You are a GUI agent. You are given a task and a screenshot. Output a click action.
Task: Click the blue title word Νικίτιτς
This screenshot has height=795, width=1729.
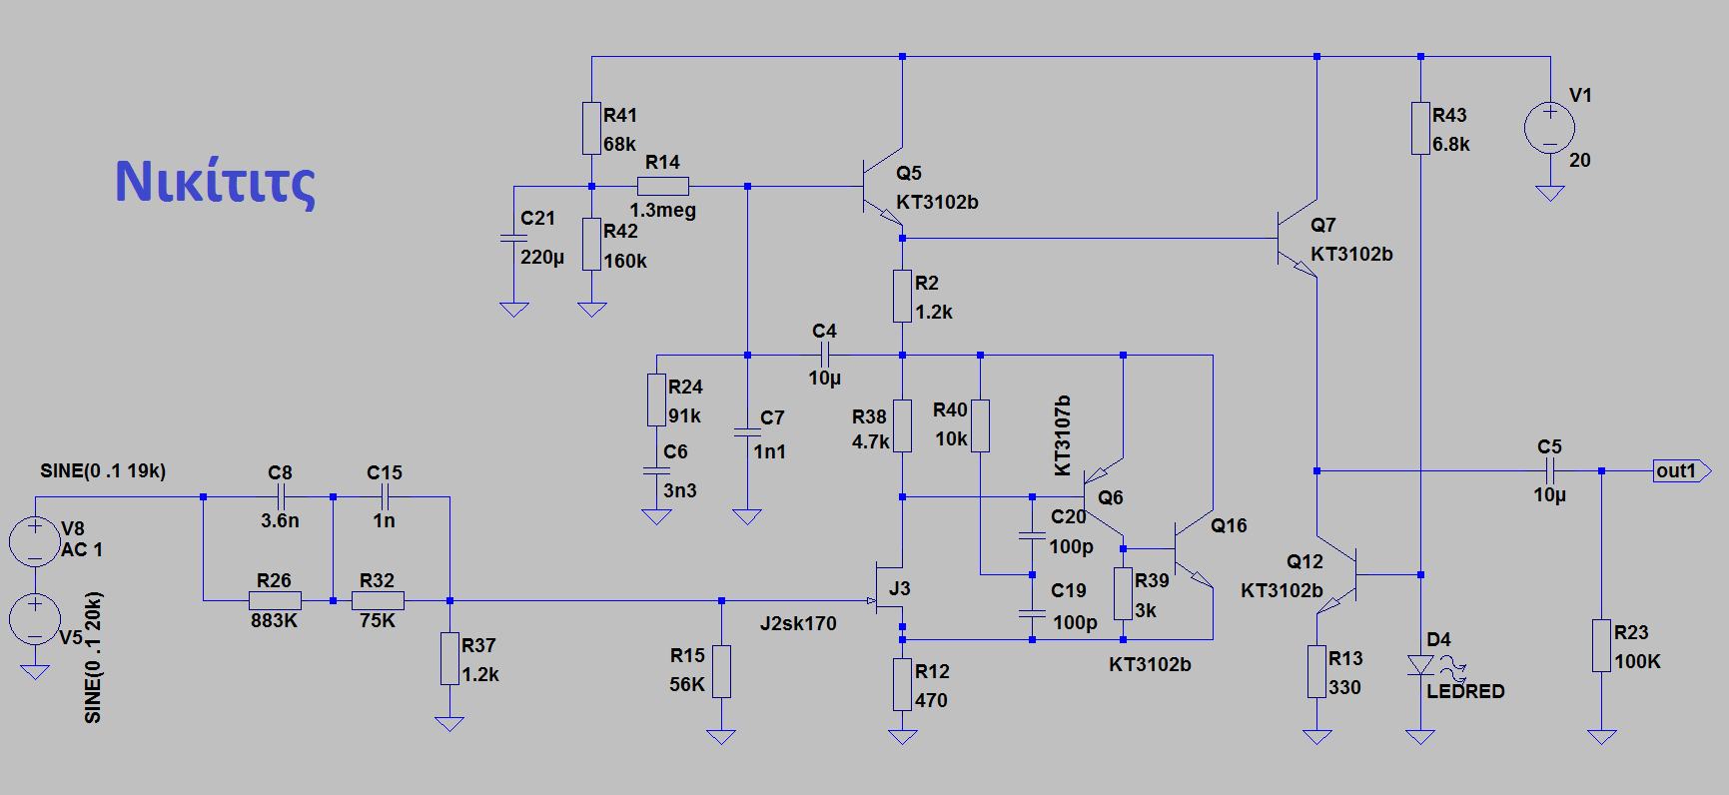coord(215,182)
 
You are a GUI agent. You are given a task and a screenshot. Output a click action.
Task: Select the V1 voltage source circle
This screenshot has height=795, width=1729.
coord(1549,128)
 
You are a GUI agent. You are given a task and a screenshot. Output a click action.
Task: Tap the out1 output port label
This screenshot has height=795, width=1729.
coord(1678,470)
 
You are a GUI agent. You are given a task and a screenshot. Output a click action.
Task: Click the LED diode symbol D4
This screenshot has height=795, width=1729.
coord(1419,665)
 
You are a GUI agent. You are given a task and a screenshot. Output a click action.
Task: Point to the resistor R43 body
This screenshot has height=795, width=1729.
coord(1419,128)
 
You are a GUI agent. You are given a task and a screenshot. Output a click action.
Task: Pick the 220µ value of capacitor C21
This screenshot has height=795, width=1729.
coord(541,257)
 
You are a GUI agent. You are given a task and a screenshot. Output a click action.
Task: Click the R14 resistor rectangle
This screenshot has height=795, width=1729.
coord(662,186)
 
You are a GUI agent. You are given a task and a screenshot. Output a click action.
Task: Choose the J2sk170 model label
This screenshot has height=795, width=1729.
coord(798,623)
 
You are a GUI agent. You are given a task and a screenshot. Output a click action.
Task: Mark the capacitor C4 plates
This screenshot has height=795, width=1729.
coord(824,355)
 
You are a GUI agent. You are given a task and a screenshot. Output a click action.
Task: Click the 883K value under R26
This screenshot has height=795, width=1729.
coord(274,620)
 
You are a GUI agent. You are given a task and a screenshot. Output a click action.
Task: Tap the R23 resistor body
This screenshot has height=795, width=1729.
coord(1601,645)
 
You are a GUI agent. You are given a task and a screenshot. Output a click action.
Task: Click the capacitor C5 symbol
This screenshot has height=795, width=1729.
coord(1549,470)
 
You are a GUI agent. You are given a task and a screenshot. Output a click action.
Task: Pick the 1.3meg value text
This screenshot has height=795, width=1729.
coord(662,210)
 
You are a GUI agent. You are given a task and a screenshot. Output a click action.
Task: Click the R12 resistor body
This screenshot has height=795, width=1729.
coord(902,684)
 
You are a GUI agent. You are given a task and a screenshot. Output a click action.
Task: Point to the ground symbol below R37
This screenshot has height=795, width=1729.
coord(449,723)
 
